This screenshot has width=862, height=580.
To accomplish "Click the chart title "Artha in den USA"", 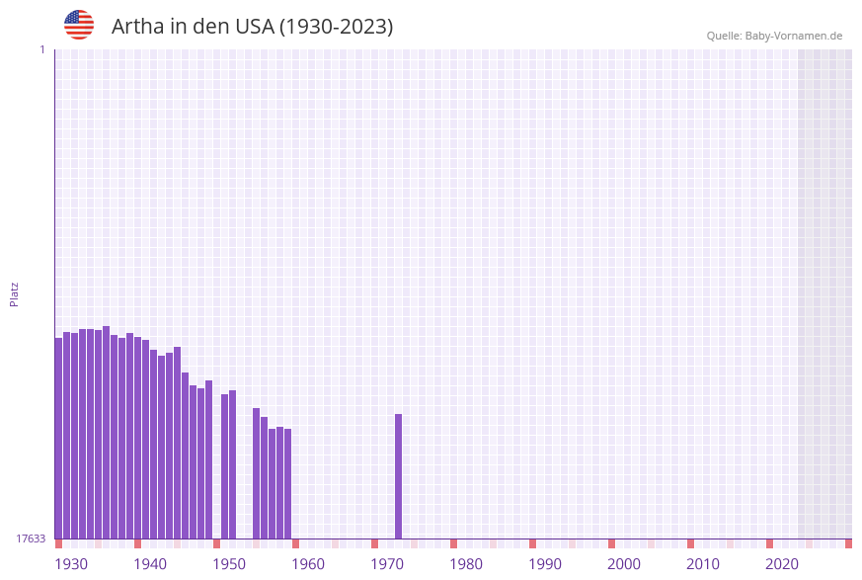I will pyautogui.click(x=252, y=27).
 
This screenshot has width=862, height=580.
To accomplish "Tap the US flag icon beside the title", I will pyautogui.click(x=79, y=25).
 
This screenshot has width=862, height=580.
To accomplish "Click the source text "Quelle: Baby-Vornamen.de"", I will pyautogui.click(x=774, y=36).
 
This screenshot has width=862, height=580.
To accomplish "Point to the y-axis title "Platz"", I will pyautogui.click(x=15, y=294).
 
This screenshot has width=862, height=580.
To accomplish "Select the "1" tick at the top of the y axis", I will pyautogui.click(x=41, y=49).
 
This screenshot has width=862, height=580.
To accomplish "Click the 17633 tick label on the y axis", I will pyautogui.click(x=31, y=539).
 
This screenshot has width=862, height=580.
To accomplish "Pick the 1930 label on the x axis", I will pyautogui.click(x=71, y=564).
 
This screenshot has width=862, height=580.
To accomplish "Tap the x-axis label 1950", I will pyautogui.click(x=229, y=564).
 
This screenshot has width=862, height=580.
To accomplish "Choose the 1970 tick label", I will pyautogui.click(x=387, y=564).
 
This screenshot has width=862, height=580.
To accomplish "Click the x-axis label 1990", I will pyautogui.click(x=545, y=564).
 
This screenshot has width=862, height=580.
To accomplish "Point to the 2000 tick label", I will pyautogui.click(x=624, y=564).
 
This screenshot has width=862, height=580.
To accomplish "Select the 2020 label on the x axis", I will pyautogui.click(x=782, y=564).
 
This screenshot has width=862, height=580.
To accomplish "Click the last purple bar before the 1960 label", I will pyautogui.click(x=287, y=483).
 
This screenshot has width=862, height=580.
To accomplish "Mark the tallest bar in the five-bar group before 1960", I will pyautogui.click(x=256, y=473).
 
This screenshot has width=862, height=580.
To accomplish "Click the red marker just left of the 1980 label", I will pyautogui.click(x=453, y=543).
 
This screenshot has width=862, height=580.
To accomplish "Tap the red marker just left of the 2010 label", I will pyautogui.click(x=690, y=543).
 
